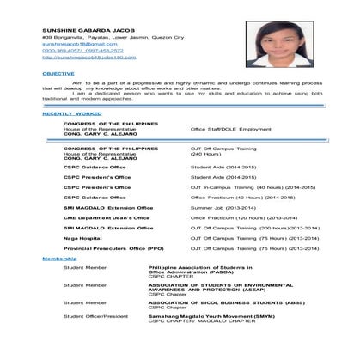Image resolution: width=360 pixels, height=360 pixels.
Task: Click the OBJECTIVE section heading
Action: click(58, 75)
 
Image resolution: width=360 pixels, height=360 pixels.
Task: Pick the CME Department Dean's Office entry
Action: click(107, 217)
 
